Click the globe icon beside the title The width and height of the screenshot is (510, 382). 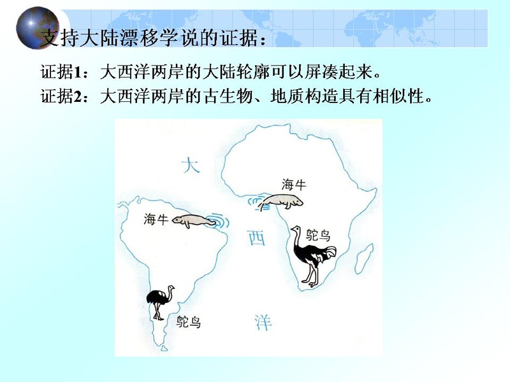pos(38,27)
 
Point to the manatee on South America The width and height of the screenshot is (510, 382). pos(193,221)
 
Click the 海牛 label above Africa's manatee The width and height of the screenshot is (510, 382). pos(294,185)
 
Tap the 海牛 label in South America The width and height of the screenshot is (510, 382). pos(156,219)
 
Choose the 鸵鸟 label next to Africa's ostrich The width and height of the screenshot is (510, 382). pos(318,234)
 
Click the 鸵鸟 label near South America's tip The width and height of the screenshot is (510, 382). pos(189,322)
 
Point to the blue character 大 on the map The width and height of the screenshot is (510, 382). pos(191,165)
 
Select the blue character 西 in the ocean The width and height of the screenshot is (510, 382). pos(256,237)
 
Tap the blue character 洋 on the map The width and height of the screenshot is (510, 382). pos(263,322)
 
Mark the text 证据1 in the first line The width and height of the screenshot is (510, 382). pos(61,72)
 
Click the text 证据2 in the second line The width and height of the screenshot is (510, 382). pos(61,96)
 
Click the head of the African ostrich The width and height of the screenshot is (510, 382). pos(295,229)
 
